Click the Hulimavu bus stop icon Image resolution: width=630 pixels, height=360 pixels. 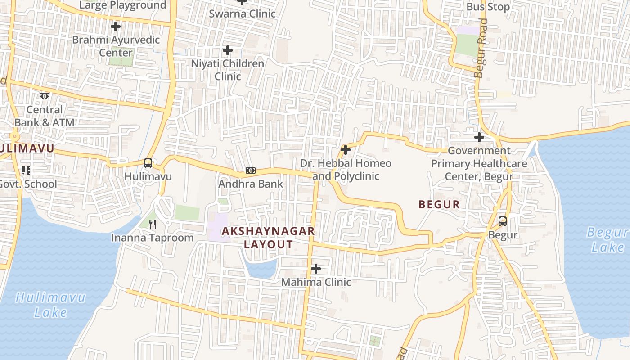point(148,163)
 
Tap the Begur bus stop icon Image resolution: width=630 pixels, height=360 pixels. point(503,221)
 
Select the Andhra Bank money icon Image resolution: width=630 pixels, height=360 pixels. point(251,171)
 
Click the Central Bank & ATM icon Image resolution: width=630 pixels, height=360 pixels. point(45,96)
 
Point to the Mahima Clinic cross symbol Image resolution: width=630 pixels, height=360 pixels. point(316,269)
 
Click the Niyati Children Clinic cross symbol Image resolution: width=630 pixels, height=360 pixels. point(228,50)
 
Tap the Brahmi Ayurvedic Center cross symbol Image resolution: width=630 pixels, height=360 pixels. point(116,27)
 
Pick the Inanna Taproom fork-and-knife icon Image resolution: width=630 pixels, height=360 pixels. point(153,224)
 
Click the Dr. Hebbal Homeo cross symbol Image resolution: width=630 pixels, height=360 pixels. point(346,149)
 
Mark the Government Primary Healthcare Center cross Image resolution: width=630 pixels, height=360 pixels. point(479,137)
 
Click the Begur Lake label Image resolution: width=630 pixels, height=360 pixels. point(607,240)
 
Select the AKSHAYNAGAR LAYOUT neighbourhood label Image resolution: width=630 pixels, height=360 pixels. point(268,238)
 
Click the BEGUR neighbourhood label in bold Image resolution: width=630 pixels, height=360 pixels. point(439,204)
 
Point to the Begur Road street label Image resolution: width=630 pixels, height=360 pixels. point(481,48)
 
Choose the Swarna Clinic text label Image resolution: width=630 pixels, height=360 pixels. point(242,13)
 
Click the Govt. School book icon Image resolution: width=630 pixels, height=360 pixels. point(26,171)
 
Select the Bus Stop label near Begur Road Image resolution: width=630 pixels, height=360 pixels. point(488,7)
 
